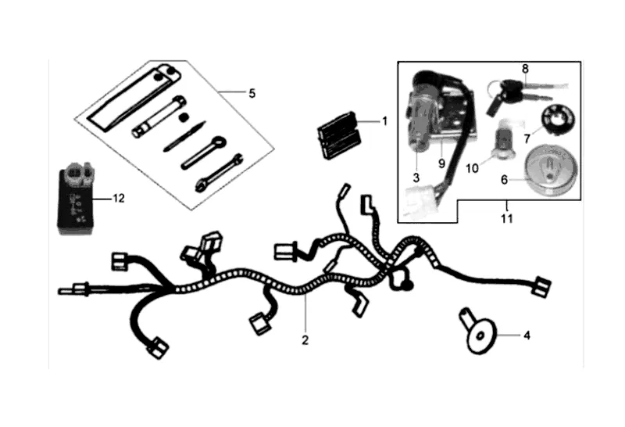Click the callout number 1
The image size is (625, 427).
(x=384, y=121)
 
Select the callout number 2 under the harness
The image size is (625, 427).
(x=305, y=340)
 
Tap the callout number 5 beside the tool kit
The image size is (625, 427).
(x=252, y=94)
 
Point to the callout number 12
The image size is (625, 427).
(x=118, y=199)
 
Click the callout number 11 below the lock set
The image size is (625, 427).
(x=506, y=218)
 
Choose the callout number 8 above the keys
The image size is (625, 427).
(x=525, y=69)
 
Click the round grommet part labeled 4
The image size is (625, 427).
(x=476, y=332)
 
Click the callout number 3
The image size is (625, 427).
(x=417, y=178)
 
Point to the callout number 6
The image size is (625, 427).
(x=504, y=179)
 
